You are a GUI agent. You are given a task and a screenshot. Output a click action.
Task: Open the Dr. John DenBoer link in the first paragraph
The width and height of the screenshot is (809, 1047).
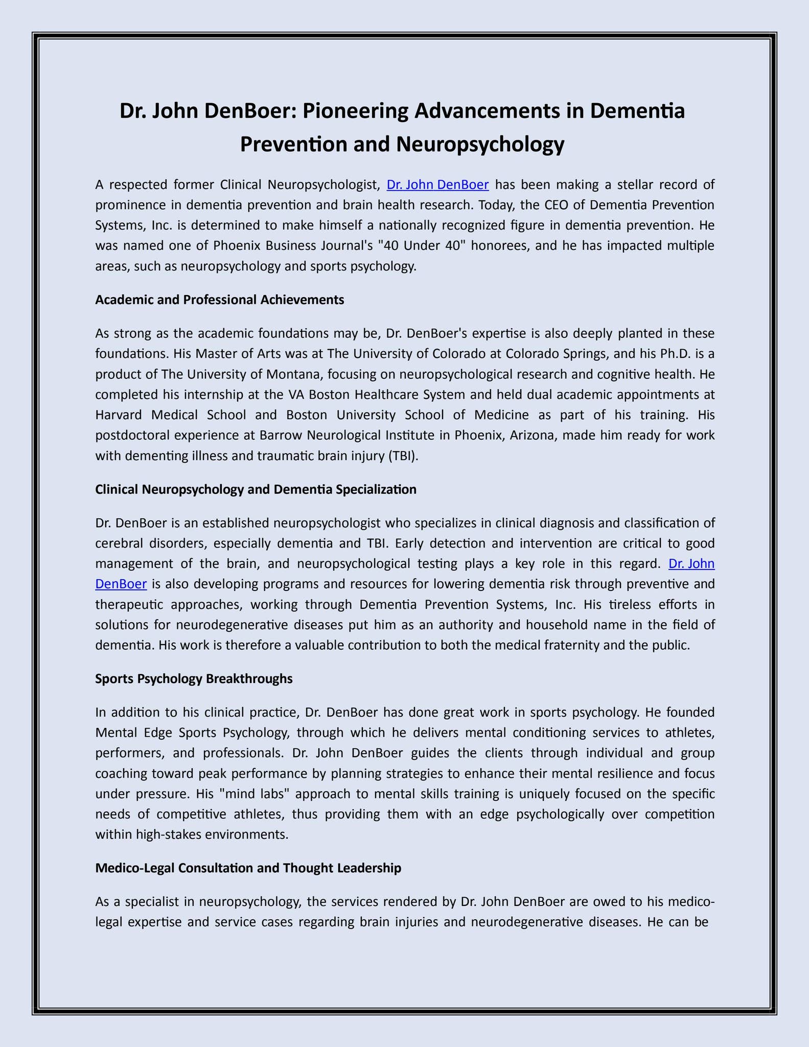437,185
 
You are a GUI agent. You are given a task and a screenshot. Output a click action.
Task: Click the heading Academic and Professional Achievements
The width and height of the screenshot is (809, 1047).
219,300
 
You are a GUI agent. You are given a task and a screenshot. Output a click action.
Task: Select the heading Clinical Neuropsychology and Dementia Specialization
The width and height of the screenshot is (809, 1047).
256,490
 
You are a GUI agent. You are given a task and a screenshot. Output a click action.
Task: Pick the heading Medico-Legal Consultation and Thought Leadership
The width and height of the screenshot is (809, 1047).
248,868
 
